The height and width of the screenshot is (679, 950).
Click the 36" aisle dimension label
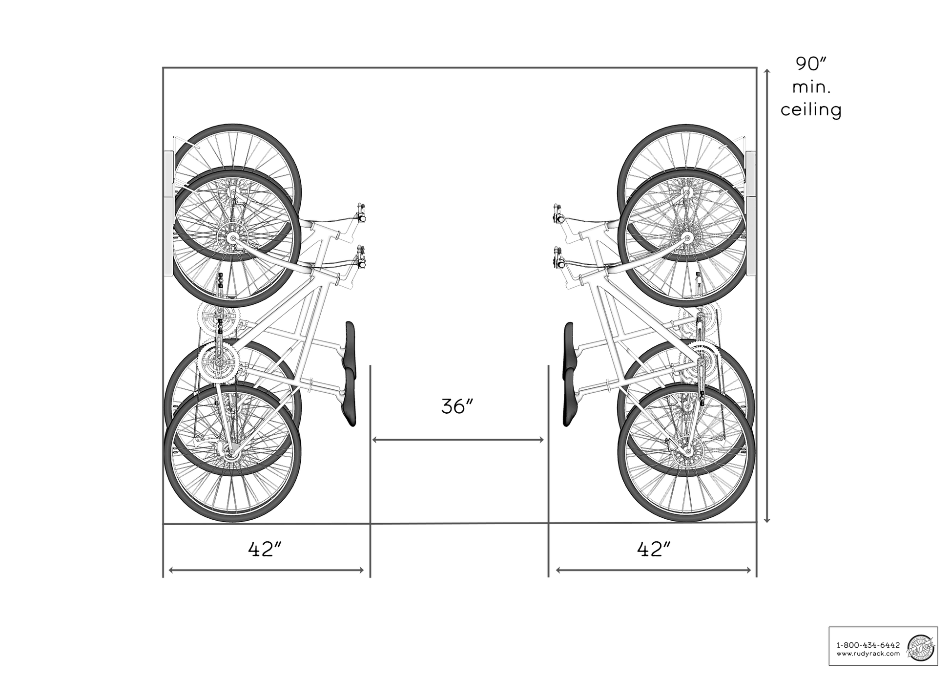point(457,406)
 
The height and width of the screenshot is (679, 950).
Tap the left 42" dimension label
point(266,550)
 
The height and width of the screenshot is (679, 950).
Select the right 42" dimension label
point(654,550)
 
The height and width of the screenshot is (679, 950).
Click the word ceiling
point(811,109)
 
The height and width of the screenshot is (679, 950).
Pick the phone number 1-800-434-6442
point(868,645)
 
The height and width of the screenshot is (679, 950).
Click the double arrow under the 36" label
point(458,440)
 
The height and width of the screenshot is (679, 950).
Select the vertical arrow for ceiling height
point(767,296)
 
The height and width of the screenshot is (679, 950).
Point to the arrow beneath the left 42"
point(266,570)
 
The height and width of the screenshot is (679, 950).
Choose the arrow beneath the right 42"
point(653,570)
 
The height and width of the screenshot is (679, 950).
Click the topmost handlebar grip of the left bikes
point(362,212)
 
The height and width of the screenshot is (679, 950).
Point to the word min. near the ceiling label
point(812,87)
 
